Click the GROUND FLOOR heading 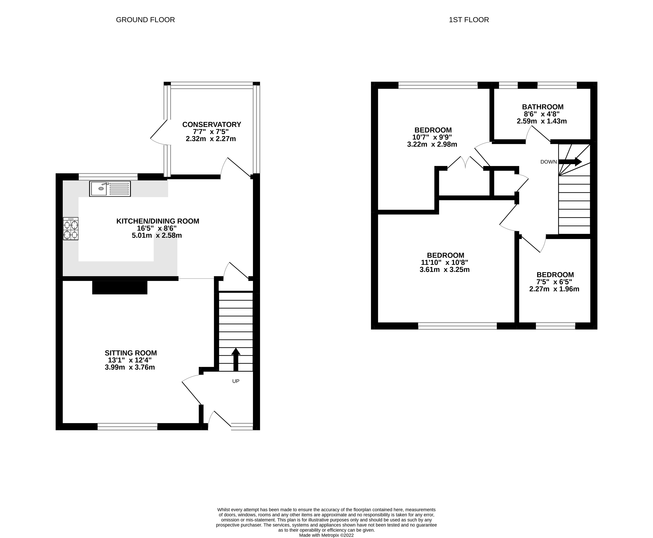point(145,20)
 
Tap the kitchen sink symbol point(110,189)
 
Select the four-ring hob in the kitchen point(71,229)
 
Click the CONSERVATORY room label point(212,125)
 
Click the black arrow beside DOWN point(570,161)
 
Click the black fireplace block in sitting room point(120,287)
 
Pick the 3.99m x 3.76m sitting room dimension point(130,367)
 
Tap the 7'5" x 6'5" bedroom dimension point(554,282)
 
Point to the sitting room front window point(127,426)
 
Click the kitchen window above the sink point(108,177)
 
